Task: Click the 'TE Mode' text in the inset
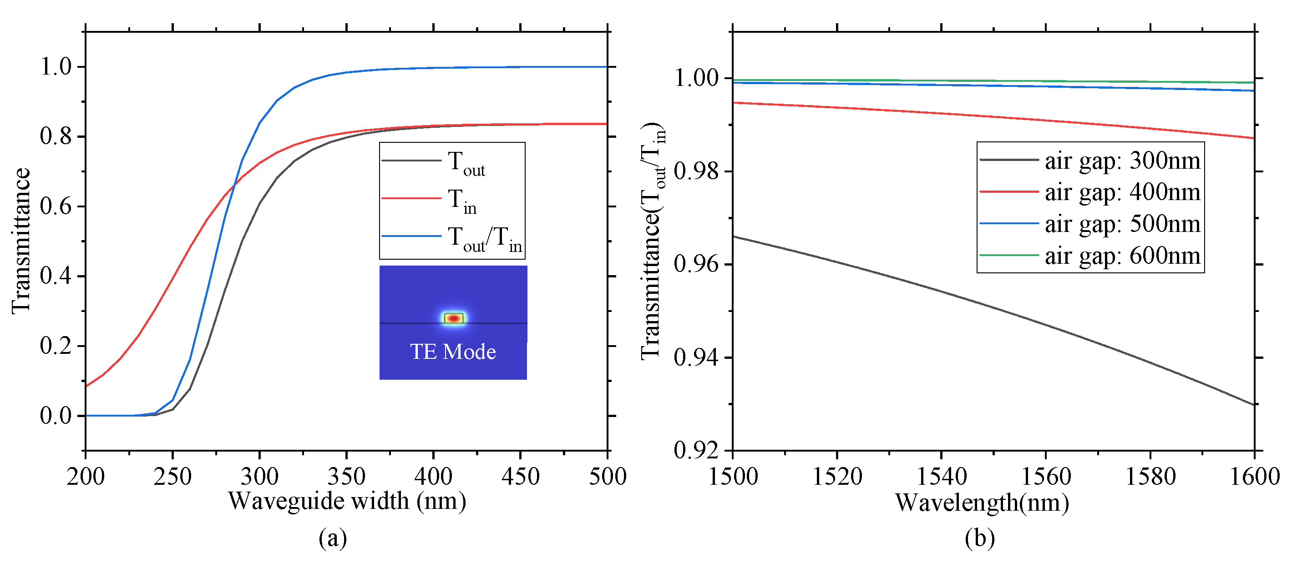[x=453, y=352]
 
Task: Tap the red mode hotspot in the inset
[x=454, y=318]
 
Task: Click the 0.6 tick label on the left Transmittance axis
[x=56, y=206]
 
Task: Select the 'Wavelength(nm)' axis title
[x=982, y=503]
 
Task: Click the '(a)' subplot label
[x=333, y=538]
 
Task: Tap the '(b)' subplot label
[x=979, y=538]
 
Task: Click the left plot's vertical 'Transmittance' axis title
[x=21, y=241]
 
